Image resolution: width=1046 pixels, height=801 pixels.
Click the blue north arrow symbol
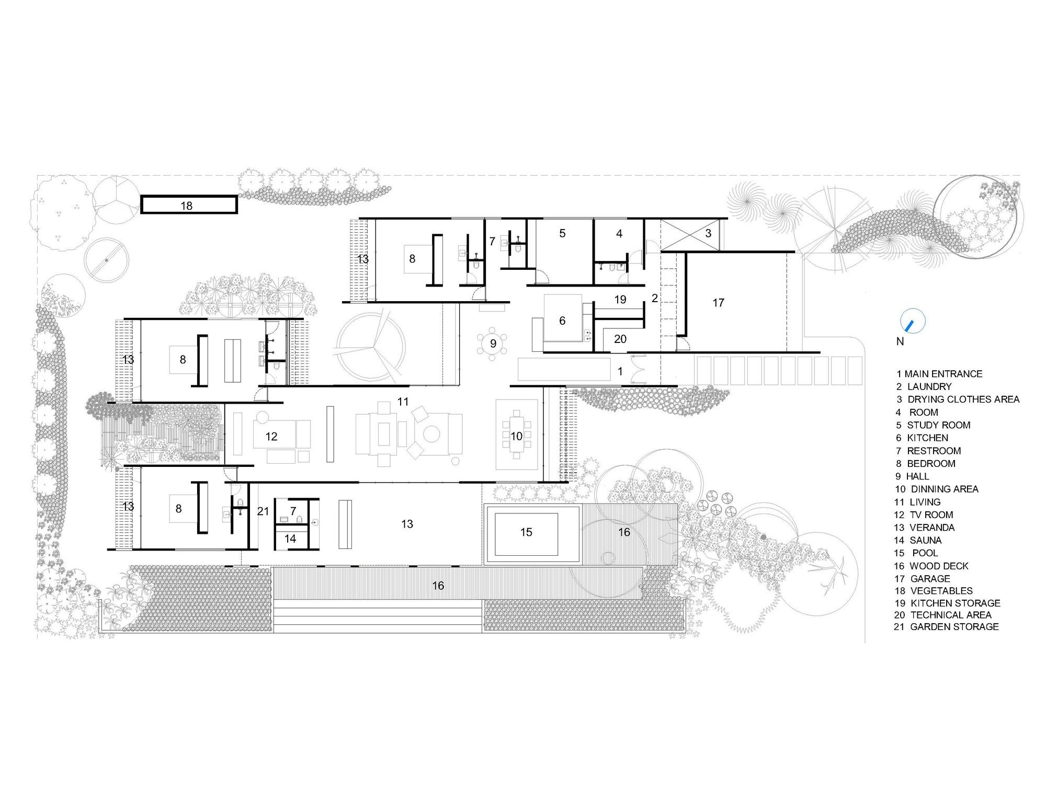[912, 322]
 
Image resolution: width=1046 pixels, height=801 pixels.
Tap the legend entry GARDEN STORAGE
[946, 626]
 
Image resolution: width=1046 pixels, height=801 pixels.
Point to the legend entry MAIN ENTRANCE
[939, 374]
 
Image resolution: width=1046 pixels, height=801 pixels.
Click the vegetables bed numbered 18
[189, 204]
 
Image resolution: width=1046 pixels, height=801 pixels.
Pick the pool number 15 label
[526, 532]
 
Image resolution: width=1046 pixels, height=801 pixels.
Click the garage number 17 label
[718, 302]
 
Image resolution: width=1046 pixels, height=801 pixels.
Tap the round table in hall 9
[493, 344]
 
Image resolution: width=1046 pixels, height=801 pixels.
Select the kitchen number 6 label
[562, 321]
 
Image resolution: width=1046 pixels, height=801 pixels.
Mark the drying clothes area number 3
[708, 233]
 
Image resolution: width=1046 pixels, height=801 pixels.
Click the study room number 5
[562, 233]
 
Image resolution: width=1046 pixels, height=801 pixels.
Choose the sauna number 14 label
[290, 539]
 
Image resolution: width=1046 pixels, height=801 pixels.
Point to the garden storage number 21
[263, 511]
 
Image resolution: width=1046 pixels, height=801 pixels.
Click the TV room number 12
[271, 436]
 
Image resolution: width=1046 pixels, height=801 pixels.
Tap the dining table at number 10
[517, 435]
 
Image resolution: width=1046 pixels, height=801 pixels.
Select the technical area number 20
[620, 339]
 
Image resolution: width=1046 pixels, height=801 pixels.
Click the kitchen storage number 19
[620, 300]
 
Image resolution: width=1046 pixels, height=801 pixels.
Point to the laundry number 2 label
[654, 299]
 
